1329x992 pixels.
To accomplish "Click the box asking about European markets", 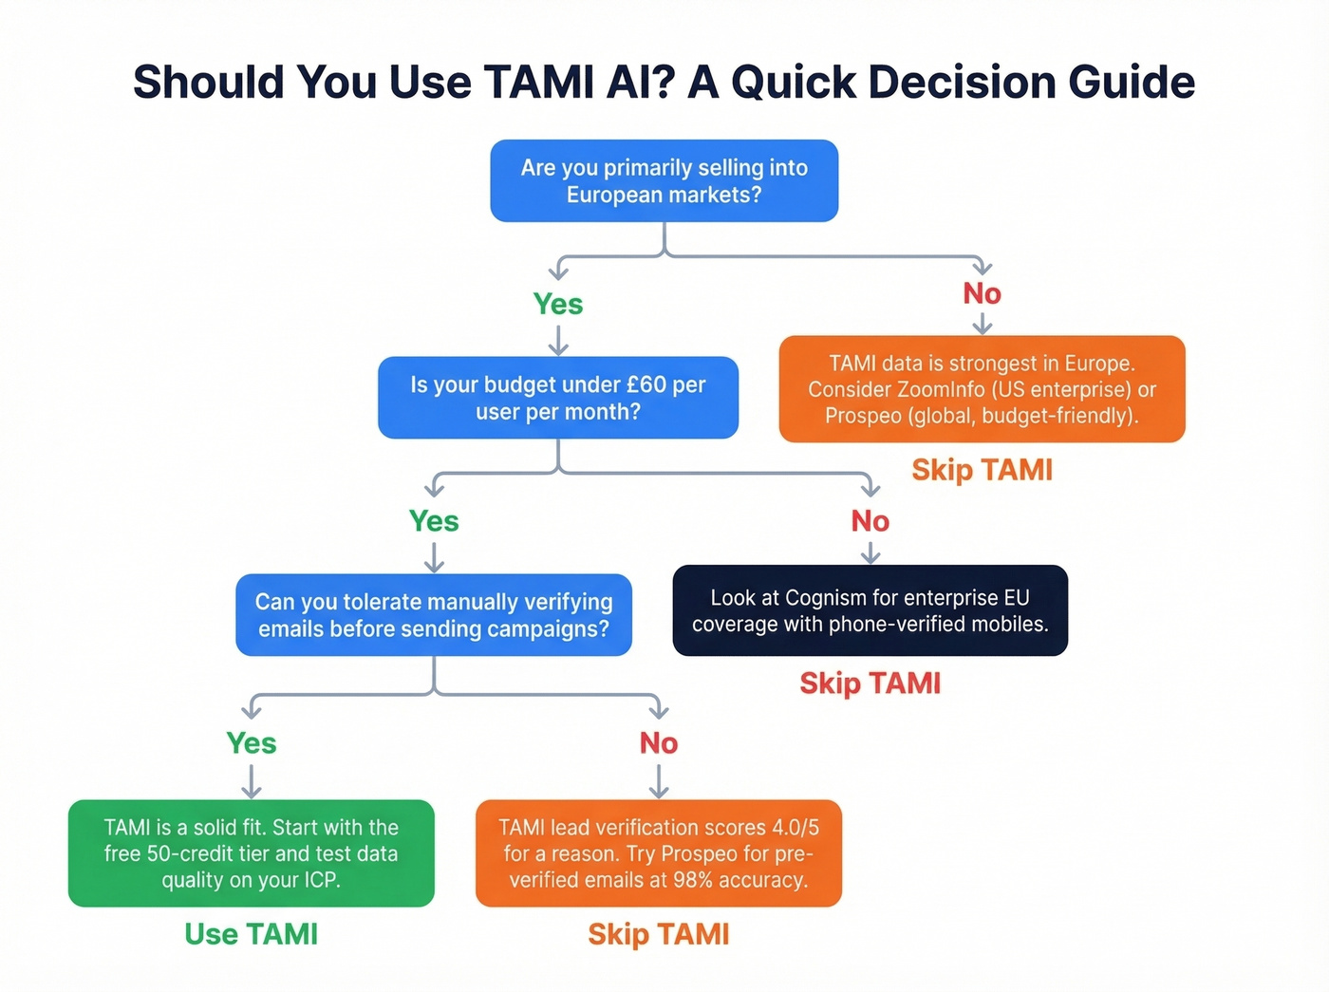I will tap(664, 181).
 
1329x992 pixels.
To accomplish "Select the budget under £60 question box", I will tap(558, 398).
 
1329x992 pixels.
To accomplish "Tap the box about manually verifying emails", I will tap(434, 615).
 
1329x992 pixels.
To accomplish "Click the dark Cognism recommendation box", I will tap(870, 610).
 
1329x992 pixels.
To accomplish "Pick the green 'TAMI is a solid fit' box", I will tap(252, 853).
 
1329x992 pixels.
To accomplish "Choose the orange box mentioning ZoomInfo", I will tap(982, 389).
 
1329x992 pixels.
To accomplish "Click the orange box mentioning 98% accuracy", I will tap(658, 853).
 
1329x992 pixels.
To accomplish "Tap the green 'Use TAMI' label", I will tap(252, 934).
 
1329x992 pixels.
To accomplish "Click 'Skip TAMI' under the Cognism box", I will tap(870, 683).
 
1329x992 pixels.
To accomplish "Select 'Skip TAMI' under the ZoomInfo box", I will tap(982, 470).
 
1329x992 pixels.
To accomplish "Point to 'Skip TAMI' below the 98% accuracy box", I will tap(658, 934).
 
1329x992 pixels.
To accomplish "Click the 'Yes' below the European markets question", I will tap(558, 304).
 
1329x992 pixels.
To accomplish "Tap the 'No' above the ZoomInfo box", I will tap(982, 293).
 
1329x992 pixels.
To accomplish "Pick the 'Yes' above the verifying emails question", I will tap(434, 521).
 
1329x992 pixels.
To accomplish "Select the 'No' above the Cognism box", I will tap(870, 521).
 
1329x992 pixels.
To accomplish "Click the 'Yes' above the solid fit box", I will tap(252, 743).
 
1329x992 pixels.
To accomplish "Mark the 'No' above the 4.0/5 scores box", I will tap(658, 743).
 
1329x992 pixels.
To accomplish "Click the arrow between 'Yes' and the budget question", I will tap(558, 340).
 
